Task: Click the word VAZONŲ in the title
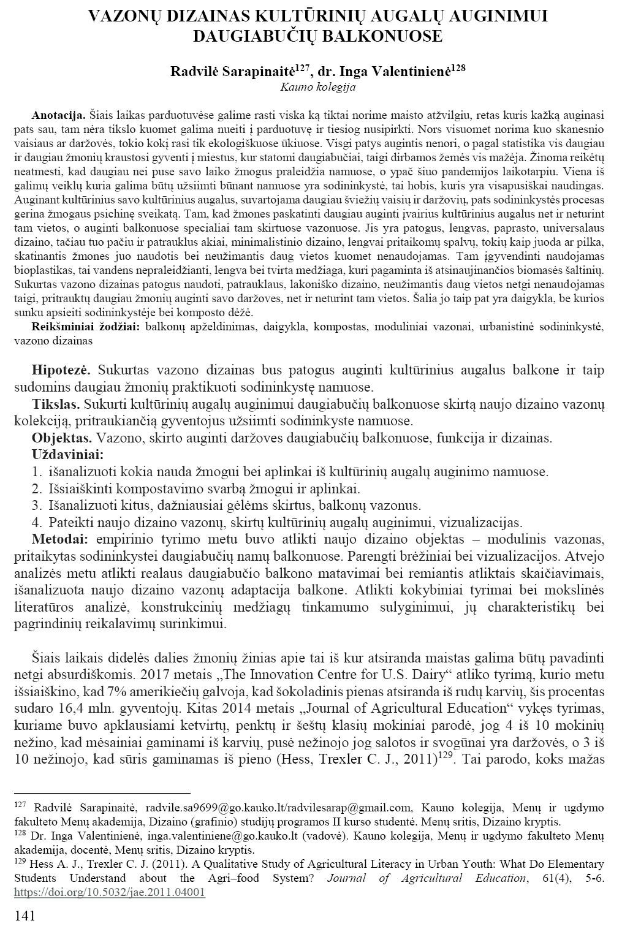125,17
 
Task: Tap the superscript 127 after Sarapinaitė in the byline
303,66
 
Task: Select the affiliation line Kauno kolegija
317,86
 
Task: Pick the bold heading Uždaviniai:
67,455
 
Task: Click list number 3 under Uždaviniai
36,506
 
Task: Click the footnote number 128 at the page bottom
20,834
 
